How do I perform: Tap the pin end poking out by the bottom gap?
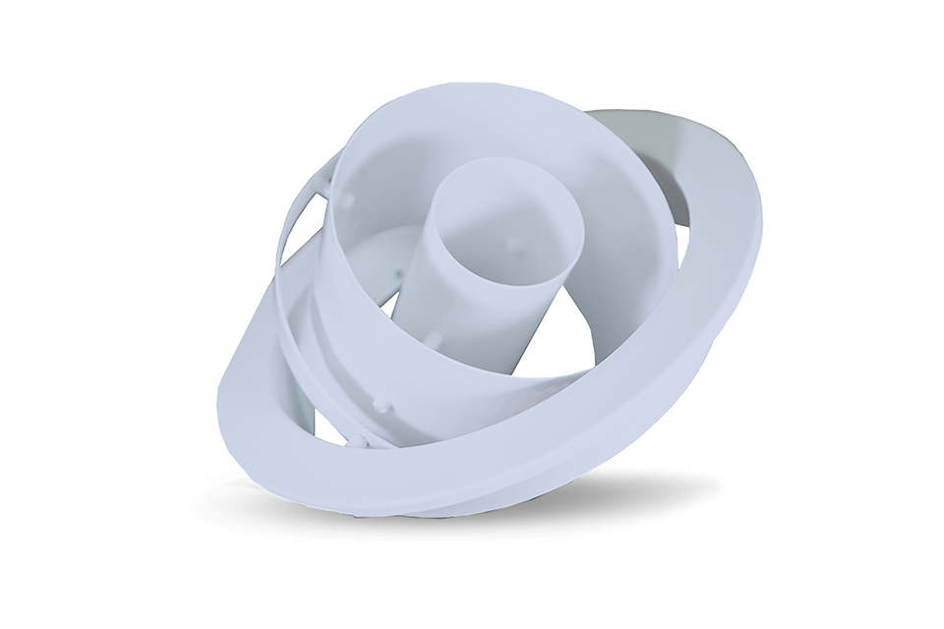[x=359, y=441]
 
